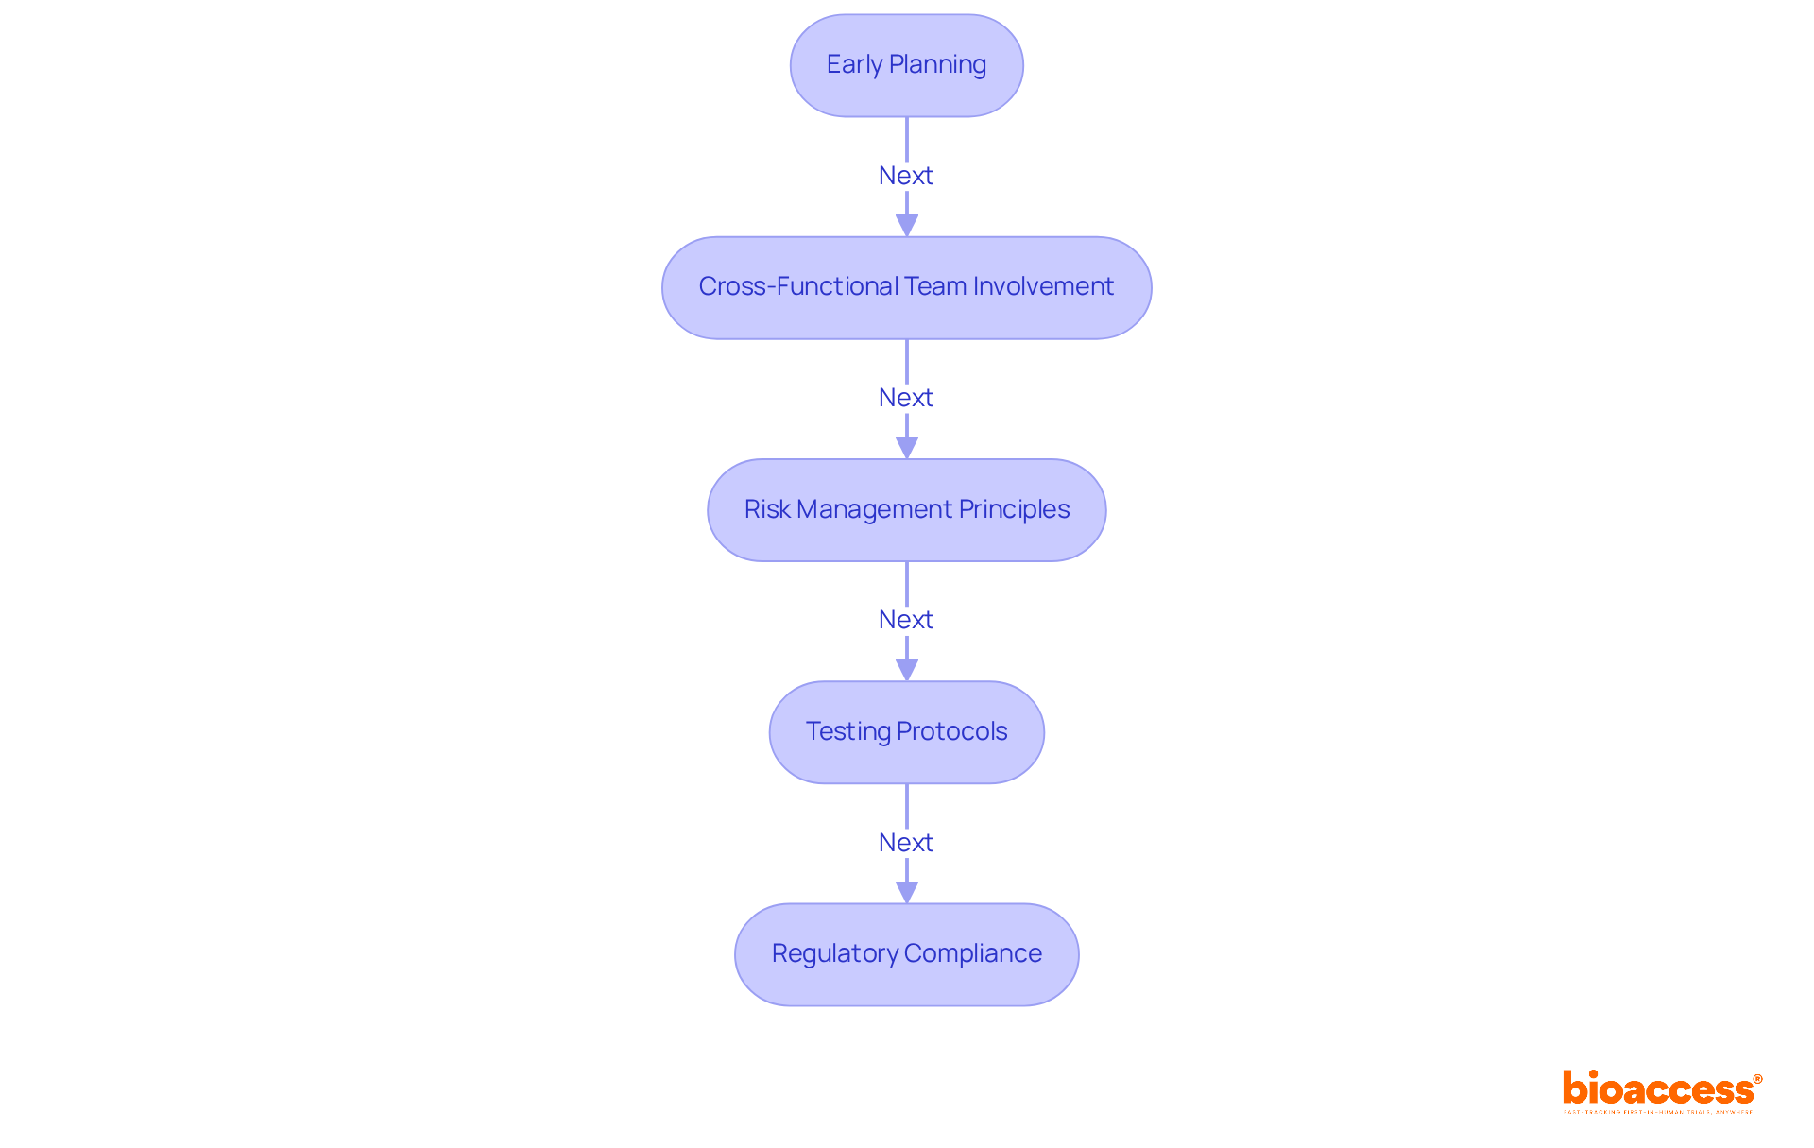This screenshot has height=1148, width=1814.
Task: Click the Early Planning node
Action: click(x=906, y=65)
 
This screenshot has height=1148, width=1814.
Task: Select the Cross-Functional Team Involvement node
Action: click(x=906, y=287)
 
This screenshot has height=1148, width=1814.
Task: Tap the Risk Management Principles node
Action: click(x=906, y=510)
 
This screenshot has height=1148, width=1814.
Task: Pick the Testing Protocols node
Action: click(x=906, y=732)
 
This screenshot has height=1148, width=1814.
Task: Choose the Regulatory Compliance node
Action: click(x=906, y=954)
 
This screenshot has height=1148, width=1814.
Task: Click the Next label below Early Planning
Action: click(x=905, y=176)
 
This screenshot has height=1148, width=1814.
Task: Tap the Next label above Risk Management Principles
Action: click(x=905, y=398)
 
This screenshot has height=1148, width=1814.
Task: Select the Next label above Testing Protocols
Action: click(x=905, y=620)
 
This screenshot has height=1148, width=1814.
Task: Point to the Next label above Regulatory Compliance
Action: click(x=905, y=843)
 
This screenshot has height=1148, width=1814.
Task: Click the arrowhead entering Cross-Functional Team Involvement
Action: click(x=907, y=225)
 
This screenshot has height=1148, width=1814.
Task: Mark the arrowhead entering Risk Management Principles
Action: click(x=907, y=447)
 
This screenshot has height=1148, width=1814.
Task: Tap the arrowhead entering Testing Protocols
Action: click(x=907, y=669)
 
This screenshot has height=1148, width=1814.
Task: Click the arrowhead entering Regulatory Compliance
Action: click(x=907, y=891)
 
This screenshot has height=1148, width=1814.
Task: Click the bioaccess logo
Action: click(x=1658, y=1088)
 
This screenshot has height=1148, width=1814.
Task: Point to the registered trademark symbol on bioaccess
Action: click(x=1757, y=1079)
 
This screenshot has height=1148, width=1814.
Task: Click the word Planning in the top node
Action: click(x=937, y=65)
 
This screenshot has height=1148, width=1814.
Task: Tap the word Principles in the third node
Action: click(x=1014, y=509)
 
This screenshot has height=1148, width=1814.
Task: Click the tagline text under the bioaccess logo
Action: click(x=1658, y=1112)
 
